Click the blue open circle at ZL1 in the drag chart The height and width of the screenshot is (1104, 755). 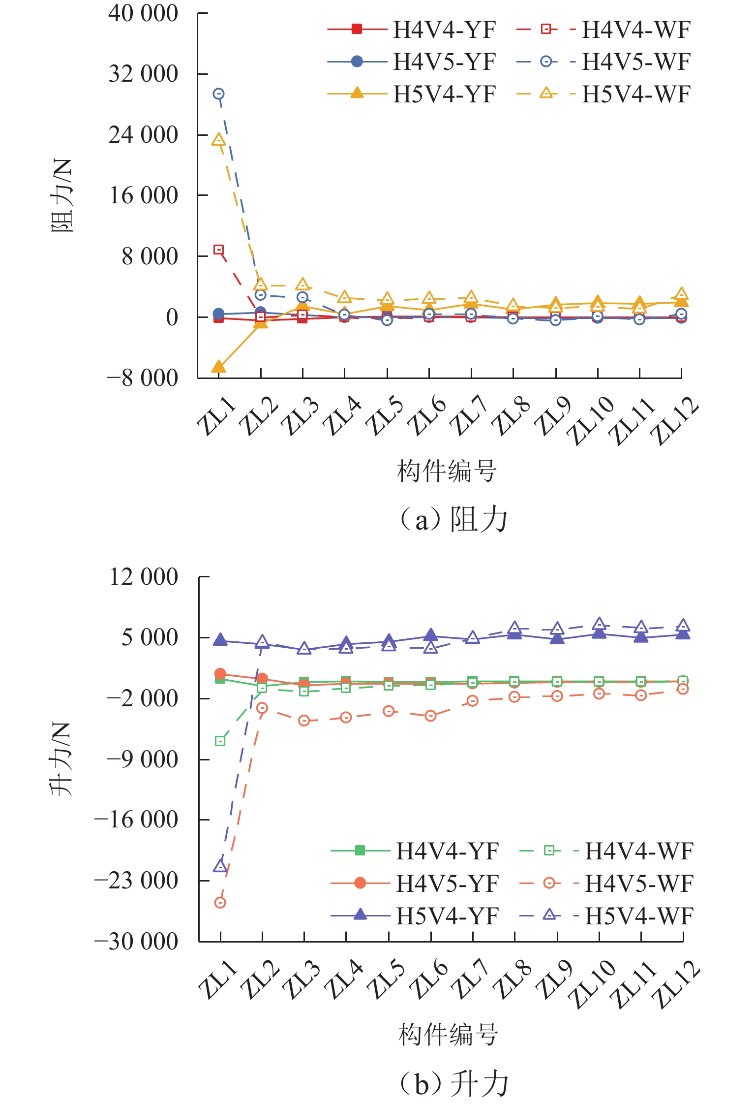219,94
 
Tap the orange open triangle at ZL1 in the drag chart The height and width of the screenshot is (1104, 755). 219,140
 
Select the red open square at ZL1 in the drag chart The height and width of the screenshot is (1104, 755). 219,250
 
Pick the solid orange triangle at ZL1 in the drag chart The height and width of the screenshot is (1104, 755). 218,367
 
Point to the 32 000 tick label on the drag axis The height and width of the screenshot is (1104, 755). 143,74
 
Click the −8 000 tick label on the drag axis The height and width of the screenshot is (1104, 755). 143,378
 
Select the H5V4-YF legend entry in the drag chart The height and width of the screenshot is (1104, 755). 412,94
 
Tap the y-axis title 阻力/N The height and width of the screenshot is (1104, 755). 62,196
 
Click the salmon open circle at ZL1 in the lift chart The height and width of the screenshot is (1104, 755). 220,902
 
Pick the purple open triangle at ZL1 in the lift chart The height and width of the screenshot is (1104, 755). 220,866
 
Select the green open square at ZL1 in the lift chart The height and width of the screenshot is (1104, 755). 220,741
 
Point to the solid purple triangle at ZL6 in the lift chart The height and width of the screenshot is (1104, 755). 431,634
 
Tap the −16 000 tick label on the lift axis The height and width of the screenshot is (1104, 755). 136,820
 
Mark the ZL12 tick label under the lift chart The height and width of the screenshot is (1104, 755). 675,984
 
